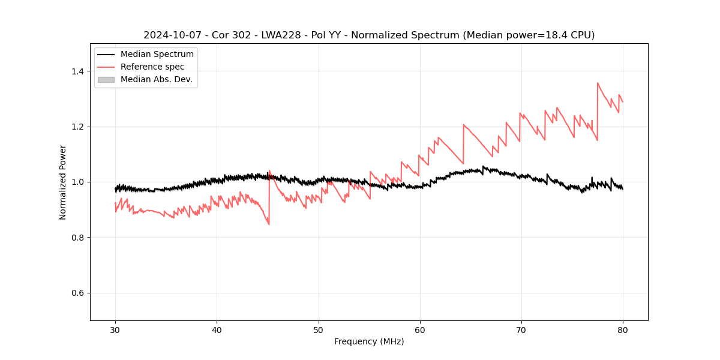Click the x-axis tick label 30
[115, 329]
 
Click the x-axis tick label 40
[217, 329]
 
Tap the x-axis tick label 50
[318, 329]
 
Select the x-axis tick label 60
[420, 329]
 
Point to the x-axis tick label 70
[521, 329]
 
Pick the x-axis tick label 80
[623, 329]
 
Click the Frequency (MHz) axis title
[369, 341]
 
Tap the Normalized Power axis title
[63, 182]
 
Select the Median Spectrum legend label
[157, 55]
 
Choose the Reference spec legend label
[152, 67]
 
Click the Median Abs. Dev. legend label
[157, 79]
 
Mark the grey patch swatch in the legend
[106, 79]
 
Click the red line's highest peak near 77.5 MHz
[598, 83]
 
